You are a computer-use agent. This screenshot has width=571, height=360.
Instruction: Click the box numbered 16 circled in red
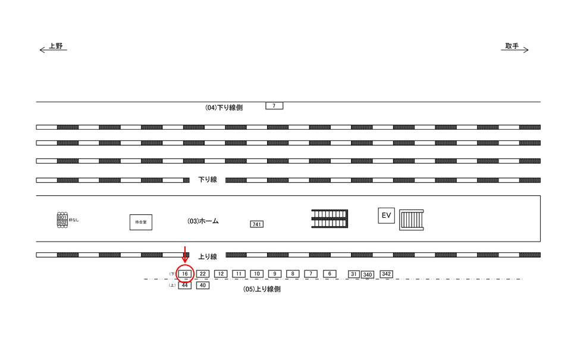coord(185,274)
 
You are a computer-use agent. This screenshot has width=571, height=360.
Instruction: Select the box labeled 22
coord(203,274)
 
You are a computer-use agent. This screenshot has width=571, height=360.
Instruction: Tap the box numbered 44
coord(185,286)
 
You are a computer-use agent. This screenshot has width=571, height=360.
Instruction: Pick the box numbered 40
coord(203,286)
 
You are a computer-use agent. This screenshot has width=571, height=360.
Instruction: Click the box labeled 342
coord(387,274)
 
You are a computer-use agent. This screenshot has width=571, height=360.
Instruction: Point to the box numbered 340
coord(368,275)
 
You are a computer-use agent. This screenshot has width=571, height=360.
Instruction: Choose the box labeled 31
coord(353,274)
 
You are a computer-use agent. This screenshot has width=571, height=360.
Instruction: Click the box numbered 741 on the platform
coord(257,224)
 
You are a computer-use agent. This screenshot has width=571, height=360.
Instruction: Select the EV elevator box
coord(386,215)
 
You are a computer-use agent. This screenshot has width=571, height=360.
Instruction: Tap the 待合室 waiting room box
coord(141,222)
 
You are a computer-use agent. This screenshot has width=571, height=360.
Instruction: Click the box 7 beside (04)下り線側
coord(274,106)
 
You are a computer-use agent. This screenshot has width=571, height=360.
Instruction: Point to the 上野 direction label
coord(55,46)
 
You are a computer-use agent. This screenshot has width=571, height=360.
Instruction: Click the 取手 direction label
coord(512,46)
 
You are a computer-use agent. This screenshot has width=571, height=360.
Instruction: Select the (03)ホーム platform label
coord(203,221)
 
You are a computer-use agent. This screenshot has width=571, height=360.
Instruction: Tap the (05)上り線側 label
coord(262,289)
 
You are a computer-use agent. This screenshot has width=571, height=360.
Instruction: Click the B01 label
coord(62,217)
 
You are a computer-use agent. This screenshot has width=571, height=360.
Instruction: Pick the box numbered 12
coord(221,274)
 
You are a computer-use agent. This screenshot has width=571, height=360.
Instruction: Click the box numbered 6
coord(329,274)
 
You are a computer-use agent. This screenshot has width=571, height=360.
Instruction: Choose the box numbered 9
coord(275,274)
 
